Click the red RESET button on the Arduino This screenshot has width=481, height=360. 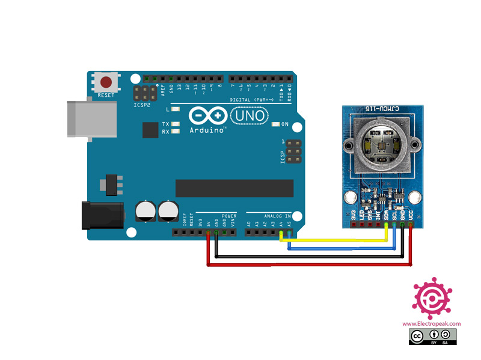pos(106,82)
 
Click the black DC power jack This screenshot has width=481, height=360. pos(102,216)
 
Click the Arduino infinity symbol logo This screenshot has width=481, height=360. pos(207,115)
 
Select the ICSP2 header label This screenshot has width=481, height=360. pos(143,105)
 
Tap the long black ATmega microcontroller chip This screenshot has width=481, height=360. pos(234,188)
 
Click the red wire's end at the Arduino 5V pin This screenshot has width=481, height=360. pos(208,233)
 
